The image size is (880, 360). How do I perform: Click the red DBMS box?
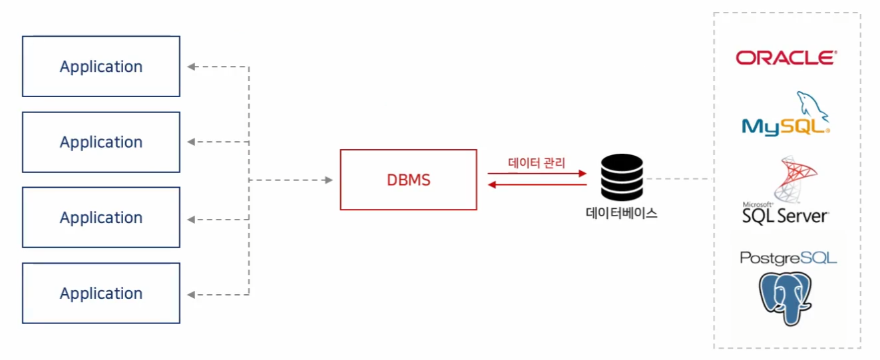[x=408, y=180]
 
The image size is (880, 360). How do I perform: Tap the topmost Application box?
[x=101, y=67]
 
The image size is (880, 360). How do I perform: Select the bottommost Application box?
[x=101, y=293]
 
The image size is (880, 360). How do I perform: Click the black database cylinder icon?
[x=622, y=177]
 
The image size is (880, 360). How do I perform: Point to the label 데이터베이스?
[x=621, y=214]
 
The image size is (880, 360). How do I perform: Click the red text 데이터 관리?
[x=536, y=162]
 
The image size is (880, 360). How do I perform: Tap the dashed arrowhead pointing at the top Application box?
[x=191, y=67]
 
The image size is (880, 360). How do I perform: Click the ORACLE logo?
[x=785, y=58]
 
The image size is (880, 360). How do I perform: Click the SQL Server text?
[x=785, y=216]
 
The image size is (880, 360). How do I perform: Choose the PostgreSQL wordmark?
[x=788, y=258]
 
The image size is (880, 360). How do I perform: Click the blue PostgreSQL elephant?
[x=787, y=298]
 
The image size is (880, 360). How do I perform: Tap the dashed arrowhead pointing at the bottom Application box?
[x=191, y=293]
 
